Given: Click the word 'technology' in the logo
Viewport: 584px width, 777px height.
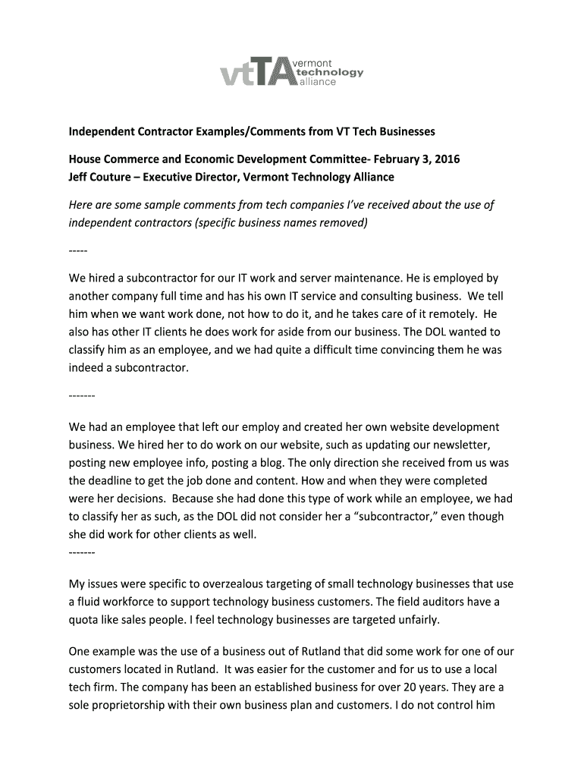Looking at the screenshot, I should tap(329, 72).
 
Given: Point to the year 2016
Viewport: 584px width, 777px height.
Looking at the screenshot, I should tap(443, 159).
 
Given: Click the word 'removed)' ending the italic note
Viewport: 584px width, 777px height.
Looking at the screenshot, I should tap(344, 223).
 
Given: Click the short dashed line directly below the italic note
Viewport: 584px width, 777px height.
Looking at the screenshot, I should tap(78, 250).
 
